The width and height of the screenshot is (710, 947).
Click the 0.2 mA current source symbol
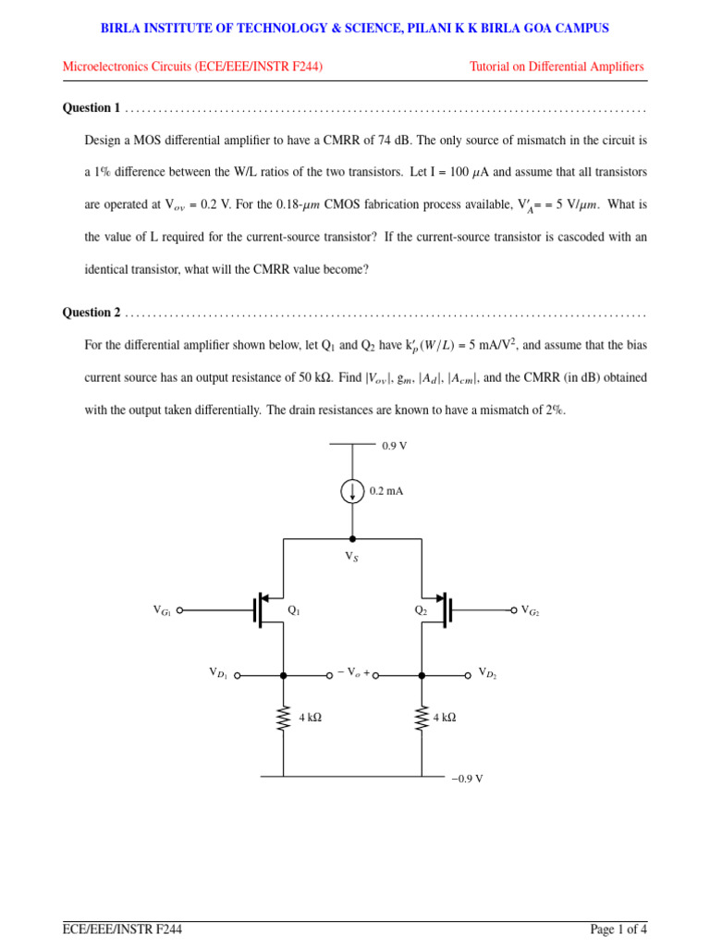(352, 491)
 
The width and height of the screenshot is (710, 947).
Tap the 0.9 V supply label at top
(395, 446)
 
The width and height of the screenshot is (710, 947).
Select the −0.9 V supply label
(467, 779)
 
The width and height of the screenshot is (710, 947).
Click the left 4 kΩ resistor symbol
(284, 718)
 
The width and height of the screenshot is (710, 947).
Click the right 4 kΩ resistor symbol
(422, 718)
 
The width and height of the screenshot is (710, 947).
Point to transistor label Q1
(294, 610)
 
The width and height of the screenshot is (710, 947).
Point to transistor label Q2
(421, 610)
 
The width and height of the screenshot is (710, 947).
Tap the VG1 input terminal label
(162, 610)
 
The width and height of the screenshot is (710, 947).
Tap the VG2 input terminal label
(530, 610)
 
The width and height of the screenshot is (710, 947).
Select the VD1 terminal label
(218, 673)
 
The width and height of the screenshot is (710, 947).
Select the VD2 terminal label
(487, 673)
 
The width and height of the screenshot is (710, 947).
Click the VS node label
(351, 557)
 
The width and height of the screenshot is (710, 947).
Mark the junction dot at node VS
(352, 538)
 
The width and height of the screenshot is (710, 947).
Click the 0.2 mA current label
(386, 491)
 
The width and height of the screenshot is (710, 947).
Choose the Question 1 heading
(92, 108)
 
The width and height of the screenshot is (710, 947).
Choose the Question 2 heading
(92, 313)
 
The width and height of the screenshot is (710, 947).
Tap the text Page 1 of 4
(618, 929)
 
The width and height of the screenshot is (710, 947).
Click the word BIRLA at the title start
(121, 29)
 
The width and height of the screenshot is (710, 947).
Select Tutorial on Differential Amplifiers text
(557, 67)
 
